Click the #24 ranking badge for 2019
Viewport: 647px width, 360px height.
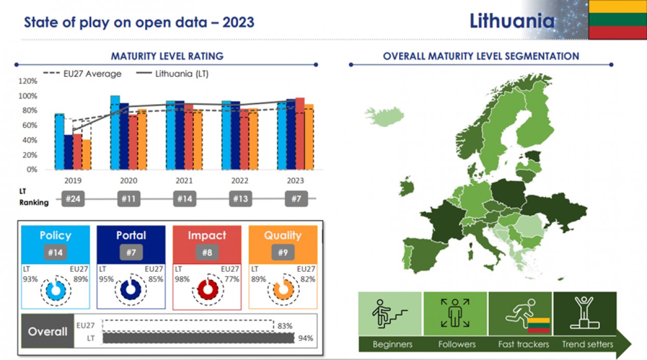pos(73,199)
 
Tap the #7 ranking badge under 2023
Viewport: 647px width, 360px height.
pos(297,199)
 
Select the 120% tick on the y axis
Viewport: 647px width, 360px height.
pos(27,81)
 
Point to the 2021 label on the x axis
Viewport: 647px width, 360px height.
pos(184,181)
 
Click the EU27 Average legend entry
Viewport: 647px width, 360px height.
pos(82,74)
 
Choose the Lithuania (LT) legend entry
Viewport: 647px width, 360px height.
pos(172,74)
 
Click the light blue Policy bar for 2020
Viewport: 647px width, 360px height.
pos(115,133)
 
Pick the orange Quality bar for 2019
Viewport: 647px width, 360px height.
pos(87,155)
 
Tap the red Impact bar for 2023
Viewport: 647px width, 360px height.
pos(300,134)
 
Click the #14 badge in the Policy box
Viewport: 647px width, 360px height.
pos(55,253)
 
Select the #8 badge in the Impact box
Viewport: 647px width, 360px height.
pos(207,253)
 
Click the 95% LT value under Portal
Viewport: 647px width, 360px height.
pos(106,279)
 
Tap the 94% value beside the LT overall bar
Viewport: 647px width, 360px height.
pos(305,338)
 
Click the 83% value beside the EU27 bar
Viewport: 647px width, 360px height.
pos(285,326)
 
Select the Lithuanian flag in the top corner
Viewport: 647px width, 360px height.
pos(618,19)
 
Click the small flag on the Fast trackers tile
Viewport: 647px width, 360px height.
pos(539,326)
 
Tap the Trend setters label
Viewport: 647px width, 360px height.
pos(587,344)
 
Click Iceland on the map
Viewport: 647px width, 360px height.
pos(385,116)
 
